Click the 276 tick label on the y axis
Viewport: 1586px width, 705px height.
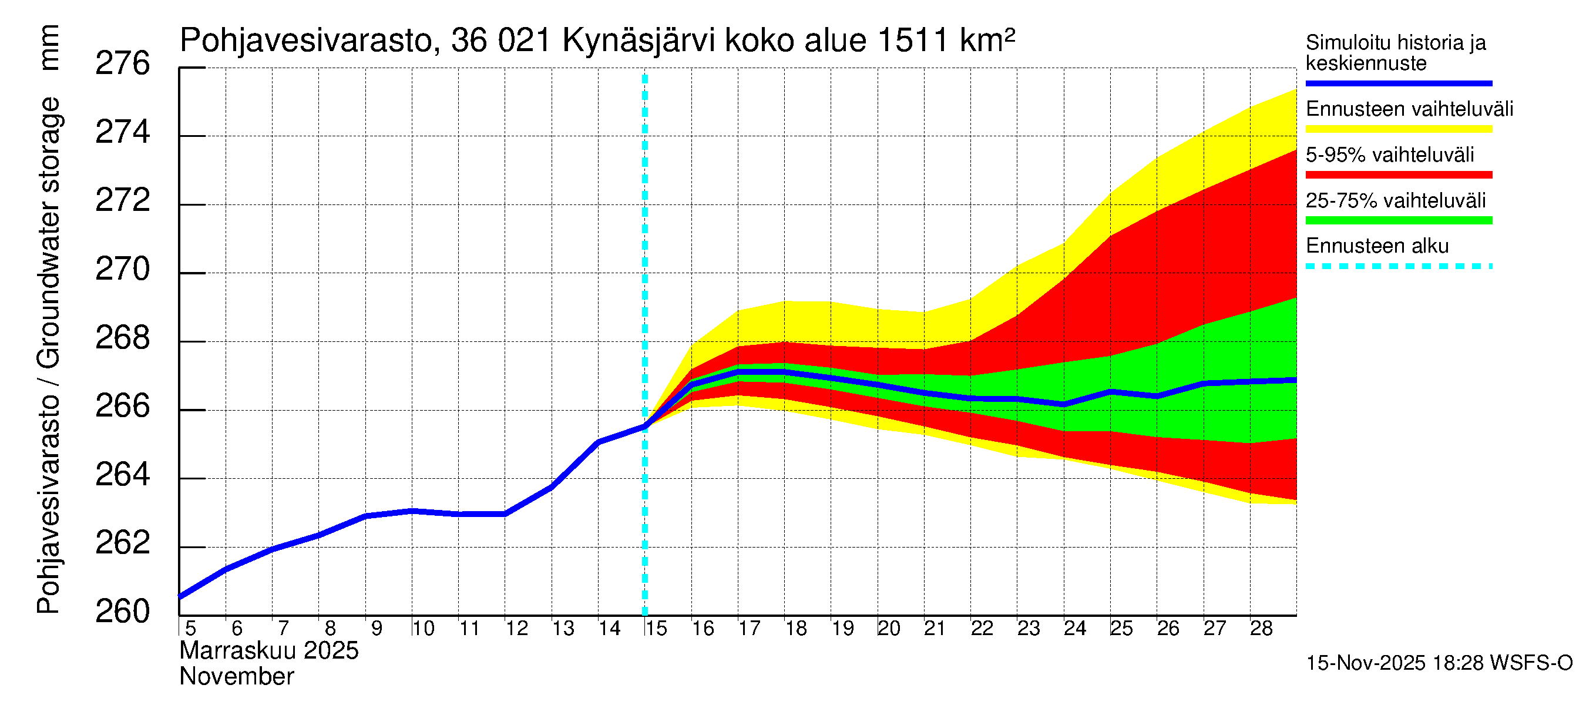[x=122, y=63]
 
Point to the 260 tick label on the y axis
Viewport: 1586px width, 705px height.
[x=122, y=612]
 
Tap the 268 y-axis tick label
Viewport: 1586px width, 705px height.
[x=122, y=337]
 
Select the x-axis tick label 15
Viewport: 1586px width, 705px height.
[x=656, y=629]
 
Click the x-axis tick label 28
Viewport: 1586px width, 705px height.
[x=1261, y=629]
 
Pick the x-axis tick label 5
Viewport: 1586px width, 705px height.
[x=190, y=629]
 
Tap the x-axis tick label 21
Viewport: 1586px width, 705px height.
[x=935, y=629]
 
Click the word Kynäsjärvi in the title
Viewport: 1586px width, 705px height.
[x=639, y=42]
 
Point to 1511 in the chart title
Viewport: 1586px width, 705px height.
[x=912, y=41]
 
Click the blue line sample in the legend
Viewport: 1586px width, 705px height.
[x=1398, y=83]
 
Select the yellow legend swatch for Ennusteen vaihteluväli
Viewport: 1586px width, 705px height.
[x=1398, y=129]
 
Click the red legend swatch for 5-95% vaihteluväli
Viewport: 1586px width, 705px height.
[x=1398, y=175]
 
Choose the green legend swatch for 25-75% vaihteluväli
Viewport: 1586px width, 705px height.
[x=1398, y=220]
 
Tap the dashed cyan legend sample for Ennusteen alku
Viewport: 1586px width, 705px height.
[x=1398, y=267]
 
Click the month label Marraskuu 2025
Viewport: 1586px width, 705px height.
[x=268, y=651]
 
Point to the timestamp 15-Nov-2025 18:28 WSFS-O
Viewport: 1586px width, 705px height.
[x=1439, y=663]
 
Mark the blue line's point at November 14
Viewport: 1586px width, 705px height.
[x=599, y=442]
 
